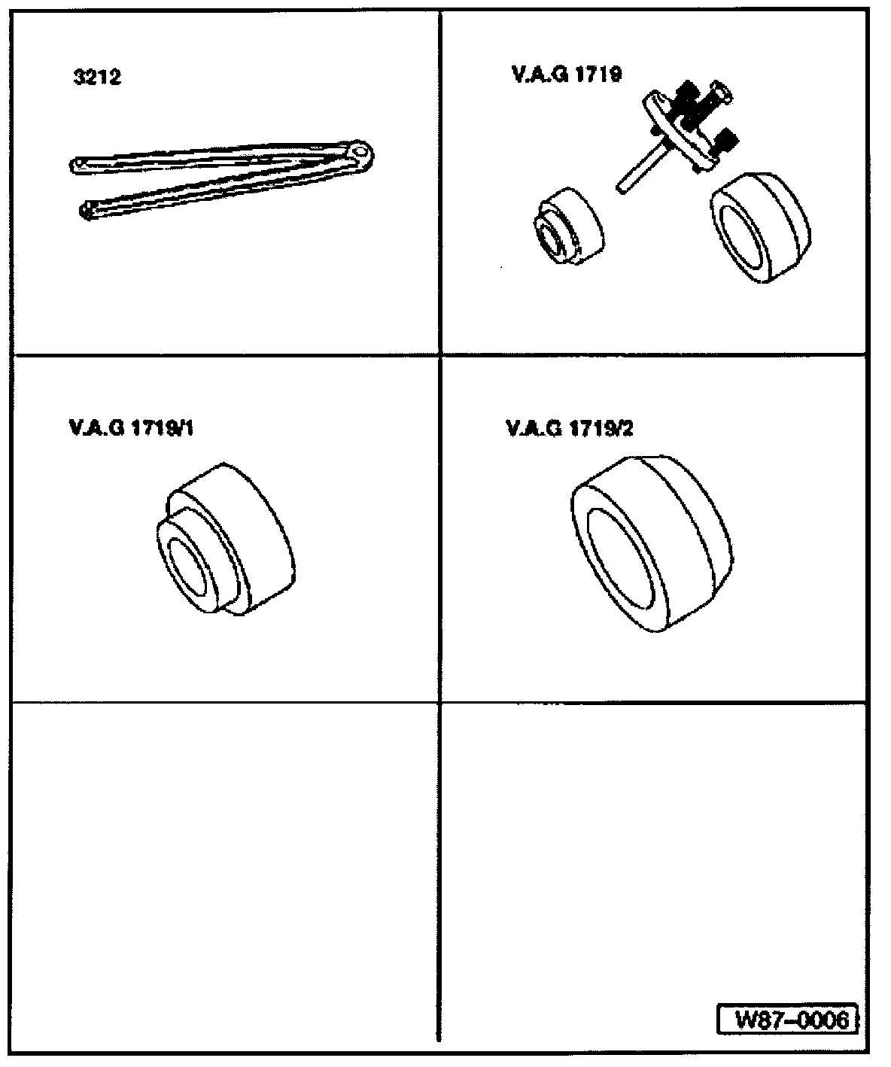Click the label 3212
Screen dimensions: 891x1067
[98, 78]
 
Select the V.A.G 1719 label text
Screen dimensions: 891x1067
[566, 74]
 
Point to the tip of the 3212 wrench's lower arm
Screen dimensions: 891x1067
[87, 211]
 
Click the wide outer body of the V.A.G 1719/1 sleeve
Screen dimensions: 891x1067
[256, 534]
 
